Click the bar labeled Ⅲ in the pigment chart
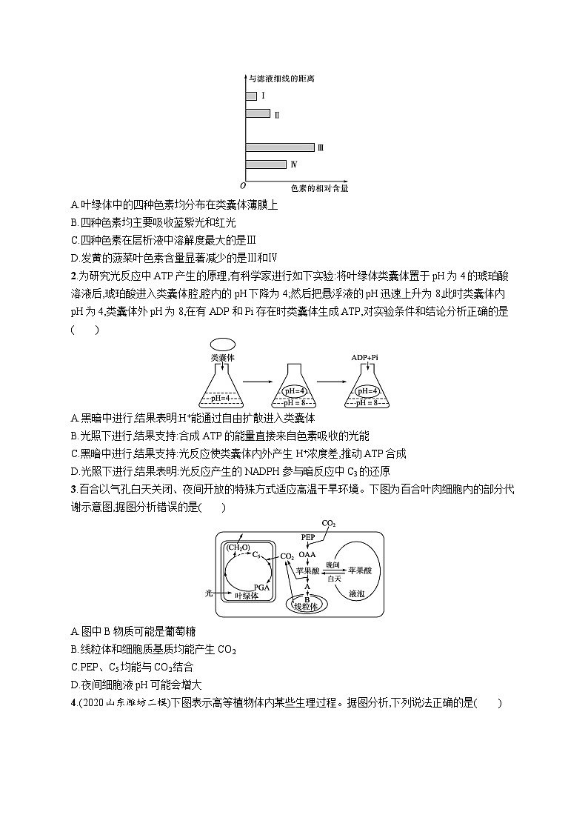point(279,147)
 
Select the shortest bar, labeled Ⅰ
point(251,96)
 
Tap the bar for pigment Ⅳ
point(265,164)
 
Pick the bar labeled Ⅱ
point(258,113)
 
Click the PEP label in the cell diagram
point(308,536)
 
